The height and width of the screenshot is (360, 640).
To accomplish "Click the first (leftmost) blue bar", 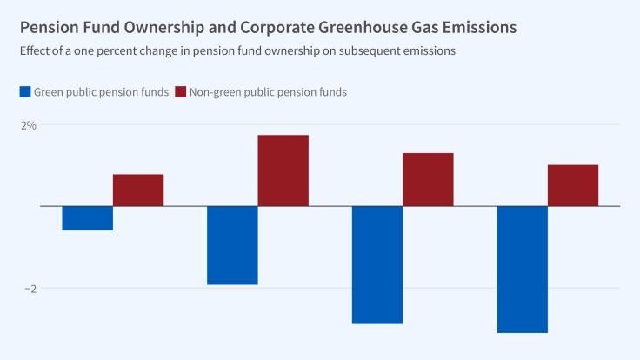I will click(x=87, y=218).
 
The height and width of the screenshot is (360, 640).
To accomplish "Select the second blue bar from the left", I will click(x=232, y=245).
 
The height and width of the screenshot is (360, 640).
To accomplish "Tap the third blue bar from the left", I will click(x=377, y=264).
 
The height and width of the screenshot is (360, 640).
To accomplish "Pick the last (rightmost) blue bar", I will click(x=522, y=269).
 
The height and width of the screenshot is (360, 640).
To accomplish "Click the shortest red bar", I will click(x=138, y=190).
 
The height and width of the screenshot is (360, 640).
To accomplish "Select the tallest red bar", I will click(x=283, y=170).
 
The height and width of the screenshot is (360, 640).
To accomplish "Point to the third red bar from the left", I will click(x=428, y=180).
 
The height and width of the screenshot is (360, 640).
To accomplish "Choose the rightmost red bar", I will click(x=572, y=185).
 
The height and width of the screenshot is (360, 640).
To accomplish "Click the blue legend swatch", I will click(x=25, y=91).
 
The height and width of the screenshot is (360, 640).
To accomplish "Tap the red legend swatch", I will click(x=181, y=91).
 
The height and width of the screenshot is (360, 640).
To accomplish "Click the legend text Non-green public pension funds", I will click(x=268, y=91).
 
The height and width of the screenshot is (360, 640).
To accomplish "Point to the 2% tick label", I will click(x=29, y=125).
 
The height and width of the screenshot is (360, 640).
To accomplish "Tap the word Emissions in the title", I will click(x=477, y=28).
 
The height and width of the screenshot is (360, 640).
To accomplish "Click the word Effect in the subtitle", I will click(x=36, y=50).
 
